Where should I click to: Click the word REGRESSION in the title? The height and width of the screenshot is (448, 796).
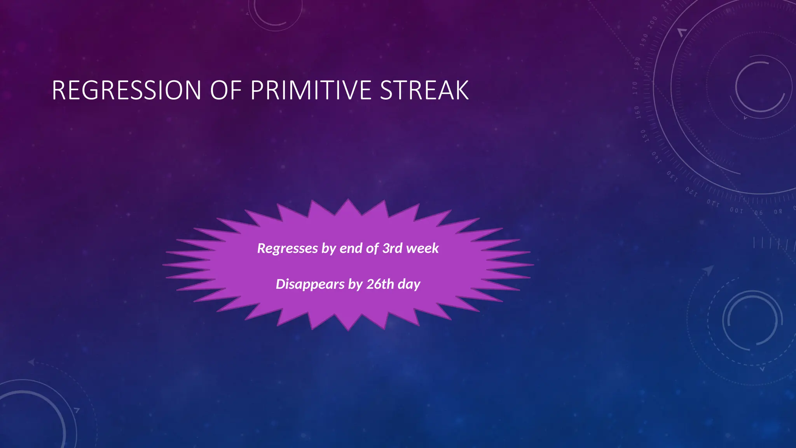pyautogui.click(x=126, y=91)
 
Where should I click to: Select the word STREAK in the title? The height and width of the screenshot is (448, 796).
pyautogui.click(x=424, y=91)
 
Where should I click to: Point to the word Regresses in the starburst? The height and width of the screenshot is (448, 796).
pyautogui.click(x=288, y=248)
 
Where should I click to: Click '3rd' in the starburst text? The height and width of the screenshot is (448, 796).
pyautogui.click(x=392, y=248)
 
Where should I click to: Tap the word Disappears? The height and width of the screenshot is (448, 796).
pyautogui.click(x=310, y=284)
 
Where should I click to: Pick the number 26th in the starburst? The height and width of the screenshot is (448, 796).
pyautogui.click(x=380, y=284)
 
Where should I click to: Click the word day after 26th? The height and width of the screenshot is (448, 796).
pyautogui.click(x=409, y=284)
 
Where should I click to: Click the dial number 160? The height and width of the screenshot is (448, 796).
pyautogui.click(x=637, y=112)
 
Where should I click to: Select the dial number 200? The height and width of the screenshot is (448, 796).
pyautogui.click(x=652, y=21)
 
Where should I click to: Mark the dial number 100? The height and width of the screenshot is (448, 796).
pyautogui.click(x=736, y=210)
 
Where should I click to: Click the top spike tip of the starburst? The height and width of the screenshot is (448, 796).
pyautogui.click(x=348, y=199)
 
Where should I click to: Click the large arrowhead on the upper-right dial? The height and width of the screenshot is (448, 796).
pyautogui.click(x=682, y=32)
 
